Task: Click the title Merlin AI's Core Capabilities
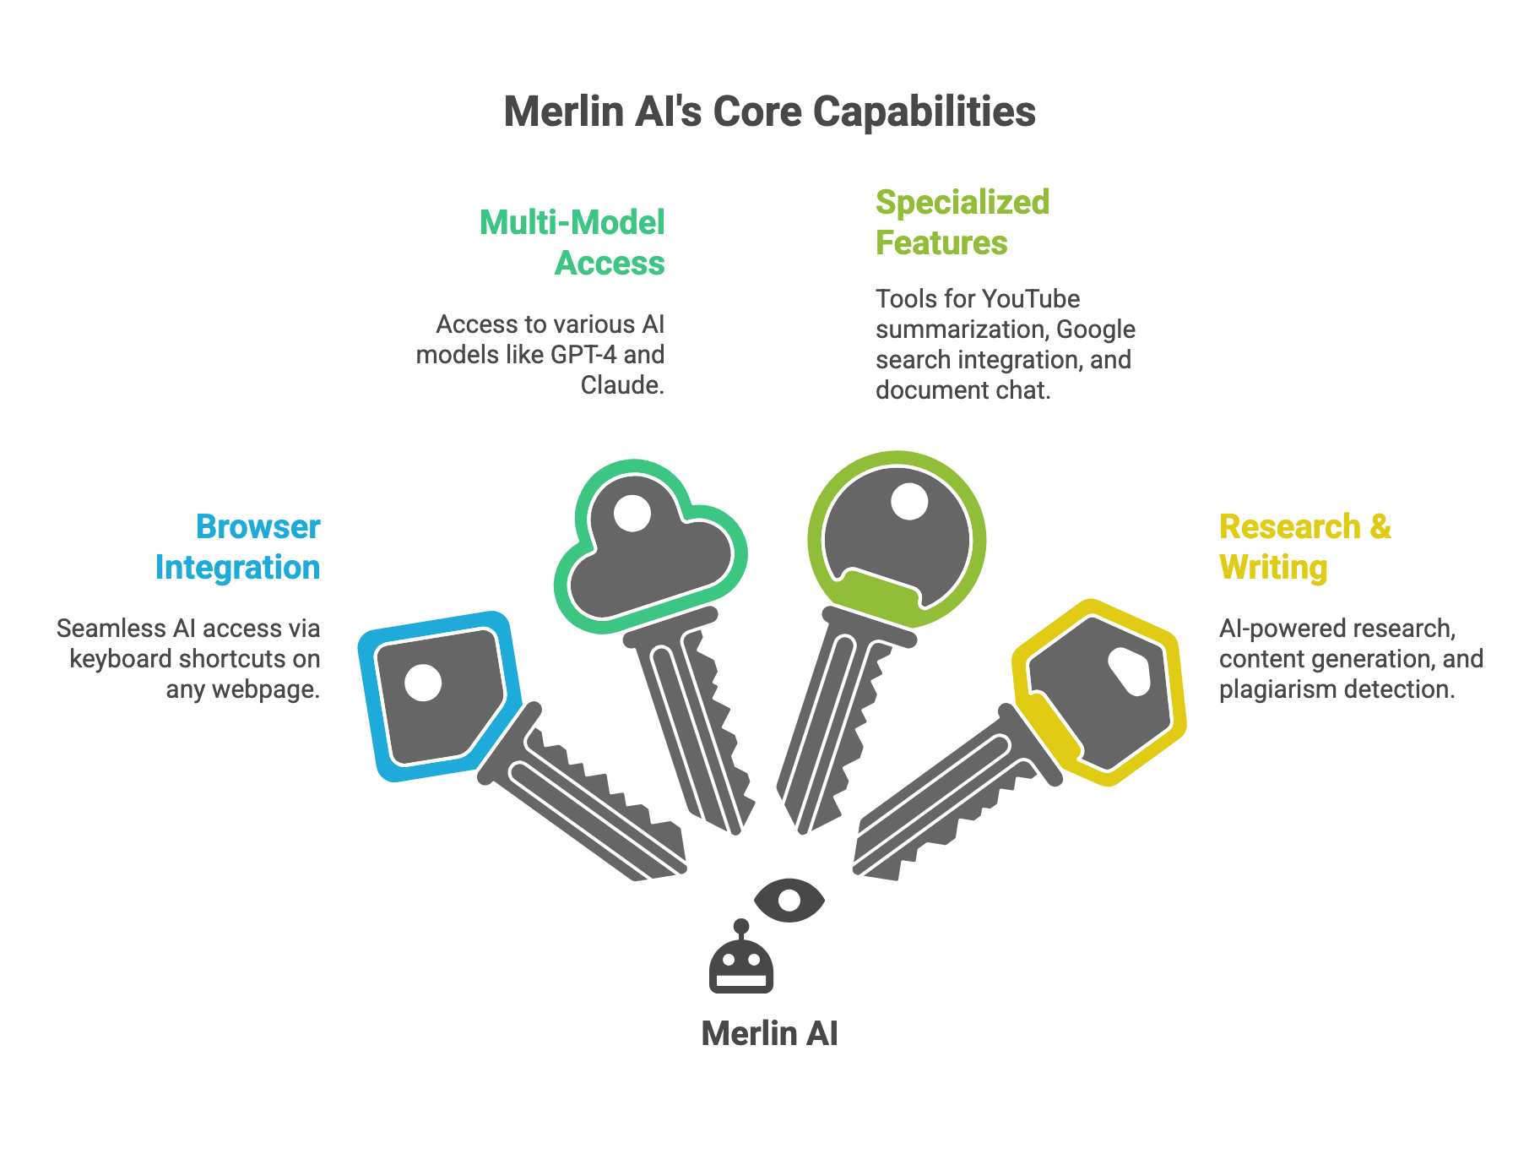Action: (769, 112)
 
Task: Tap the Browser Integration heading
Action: (237, 547)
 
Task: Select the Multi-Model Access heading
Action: (572, 242)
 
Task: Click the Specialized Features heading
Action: (962, 222)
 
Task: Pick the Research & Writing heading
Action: (1304, 547)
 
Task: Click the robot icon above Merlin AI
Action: (741, 963)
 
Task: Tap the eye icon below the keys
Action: (789, 901)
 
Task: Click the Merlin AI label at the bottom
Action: (769, 1033)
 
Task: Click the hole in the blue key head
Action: (423, 683)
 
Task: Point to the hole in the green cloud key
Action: (632, 513)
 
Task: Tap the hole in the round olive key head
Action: (909, 501)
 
